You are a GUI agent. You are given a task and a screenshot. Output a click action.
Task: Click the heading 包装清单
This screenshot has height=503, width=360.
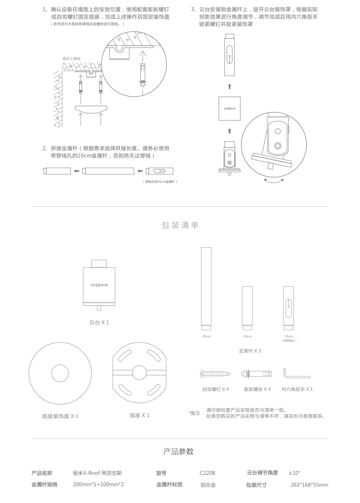(x=180, y=225)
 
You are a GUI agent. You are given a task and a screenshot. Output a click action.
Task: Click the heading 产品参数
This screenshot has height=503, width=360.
(x=178, y=452)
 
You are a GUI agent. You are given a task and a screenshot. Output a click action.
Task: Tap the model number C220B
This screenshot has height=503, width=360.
(x=207, y=473)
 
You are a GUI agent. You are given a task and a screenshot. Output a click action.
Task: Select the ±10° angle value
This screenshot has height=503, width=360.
(x=294, y=473)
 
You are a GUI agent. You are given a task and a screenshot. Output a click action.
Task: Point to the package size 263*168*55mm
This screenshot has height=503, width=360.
(x=309, y=485)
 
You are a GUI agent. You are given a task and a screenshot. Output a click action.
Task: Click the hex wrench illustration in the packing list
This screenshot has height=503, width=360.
(x=297, y=374)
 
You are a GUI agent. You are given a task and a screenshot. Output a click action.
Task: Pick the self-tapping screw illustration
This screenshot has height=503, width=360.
(x=216, y=374)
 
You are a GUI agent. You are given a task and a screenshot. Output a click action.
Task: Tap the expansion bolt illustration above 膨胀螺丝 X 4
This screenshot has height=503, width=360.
(x=257, y=374)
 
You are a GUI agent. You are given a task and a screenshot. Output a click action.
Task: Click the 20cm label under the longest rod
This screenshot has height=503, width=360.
(x=206, y=337)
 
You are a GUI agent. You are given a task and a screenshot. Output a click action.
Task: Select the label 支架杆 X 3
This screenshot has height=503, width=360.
(x=250, y=351)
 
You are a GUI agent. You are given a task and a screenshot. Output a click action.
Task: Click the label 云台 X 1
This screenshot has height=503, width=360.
(x=99, y=323)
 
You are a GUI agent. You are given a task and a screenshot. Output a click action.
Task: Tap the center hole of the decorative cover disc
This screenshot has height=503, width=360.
(x=60, y=374)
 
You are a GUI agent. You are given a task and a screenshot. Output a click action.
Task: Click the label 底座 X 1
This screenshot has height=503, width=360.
(x=139, y=416)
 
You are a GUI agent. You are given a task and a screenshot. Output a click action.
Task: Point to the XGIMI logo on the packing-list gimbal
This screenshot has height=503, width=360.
(x=99, y=285)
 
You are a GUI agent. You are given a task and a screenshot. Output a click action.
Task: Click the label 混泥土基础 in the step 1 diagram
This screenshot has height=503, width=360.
(x=71, y=59)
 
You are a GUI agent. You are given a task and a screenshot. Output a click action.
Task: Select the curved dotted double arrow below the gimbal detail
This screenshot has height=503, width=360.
(x=274, y=182)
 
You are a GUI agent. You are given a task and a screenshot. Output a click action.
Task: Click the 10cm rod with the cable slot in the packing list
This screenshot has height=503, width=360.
(x=288, y=308)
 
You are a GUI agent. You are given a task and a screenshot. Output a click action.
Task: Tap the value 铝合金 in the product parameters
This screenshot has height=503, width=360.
(x=208, y=485)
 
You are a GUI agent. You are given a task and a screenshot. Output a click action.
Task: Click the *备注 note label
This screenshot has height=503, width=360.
(x=196, y=413)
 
